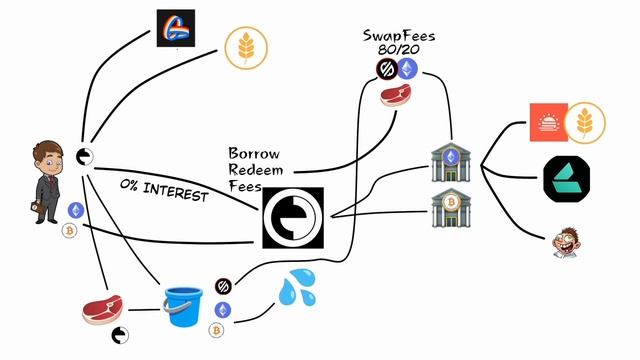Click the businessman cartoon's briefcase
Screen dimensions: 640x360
[37, 207]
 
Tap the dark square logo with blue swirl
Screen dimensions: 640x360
[176, 28]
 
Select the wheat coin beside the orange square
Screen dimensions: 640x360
[585, 122]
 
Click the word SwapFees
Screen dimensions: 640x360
[399, 36]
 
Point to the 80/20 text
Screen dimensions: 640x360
[398, 49]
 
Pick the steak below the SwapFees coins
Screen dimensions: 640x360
[395, 95]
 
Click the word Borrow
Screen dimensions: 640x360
[254, 153]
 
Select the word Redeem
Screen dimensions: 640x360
[256, 169]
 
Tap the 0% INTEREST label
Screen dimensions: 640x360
[164, 191]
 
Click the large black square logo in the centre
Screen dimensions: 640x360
[293, 218]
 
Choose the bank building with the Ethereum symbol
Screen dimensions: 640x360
[451, 162]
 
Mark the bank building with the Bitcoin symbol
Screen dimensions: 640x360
[451, 207]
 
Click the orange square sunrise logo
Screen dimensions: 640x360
[549, 122]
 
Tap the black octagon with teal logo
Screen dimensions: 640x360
[567, 179]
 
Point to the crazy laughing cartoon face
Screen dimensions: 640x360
[566, 243]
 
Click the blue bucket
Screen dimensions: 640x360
[183, 307]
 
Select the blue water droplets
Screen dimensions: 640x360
[297, 287]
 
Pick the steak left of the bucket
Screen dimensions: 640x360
[102, 309]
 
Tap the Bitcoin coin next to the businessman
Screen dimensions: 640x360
[69, 231]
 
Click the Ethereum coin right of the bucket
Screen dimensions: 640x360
[223, 310]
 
